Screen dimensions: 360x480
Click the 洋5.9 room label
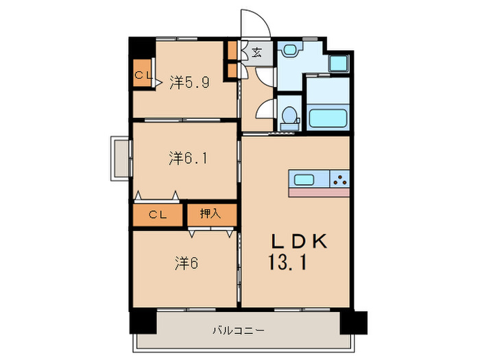[x=189, y=83]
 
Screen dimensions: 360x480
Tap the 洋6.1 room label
[x=189, y=158]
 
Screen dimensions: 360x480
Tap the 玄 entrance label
[x=256, y=53]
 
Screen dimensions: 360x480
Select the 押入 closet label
[x=211, y=214]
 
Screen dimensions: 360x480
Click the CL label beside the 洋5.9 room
[x=143, y=76]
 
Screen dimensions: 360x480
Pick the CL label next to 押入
[x=158, y=215]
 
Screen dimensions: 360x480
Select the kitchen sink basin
[x=304, y=180]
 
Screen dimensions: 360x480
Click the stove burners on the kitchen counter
[x=339, y=180]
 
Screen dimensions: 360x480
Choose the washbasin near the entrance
[x=291, y=50]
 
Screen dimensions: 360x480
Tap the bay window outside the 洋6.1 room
[x=119, y=158]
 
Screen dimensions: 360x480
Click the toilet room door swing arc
[x=265, y=110]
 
